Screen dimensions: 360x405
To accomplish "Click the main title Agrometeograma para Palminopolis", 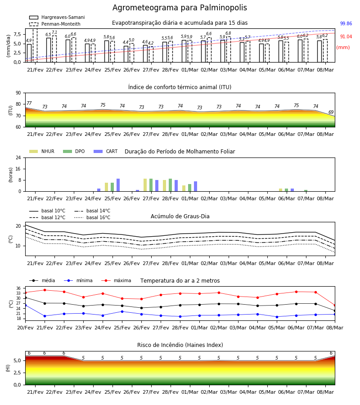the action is click(180, 8).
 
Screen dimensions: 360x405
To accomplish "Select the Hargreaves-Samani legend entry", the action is click(57, 17).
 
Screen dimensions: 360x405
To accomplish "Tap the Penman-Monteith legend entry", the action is click(55, 24).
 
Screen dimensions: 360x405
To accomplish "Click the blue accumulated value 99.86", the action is click(346, 23).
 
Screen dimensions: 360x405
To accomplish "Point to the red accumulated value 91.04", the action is click(346, 37).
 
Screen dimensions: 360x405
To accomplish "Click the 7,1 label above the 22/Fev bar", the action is click(54, 32).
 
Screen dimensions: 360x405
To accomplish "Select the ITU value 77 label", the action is click(29, 103).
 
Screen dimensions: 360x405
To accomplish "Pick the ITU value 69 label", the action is click(331, 112).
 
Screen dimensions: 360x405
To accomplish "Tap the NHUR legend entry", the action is click(42, 151).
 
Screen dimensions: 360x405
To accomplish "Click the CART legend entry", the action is click(106, 151).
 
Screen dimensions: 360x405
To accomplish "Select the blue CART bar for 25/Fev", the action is click(118, 185).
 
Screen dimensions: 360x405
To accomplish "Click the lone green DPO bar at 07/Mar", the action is click(306, 191).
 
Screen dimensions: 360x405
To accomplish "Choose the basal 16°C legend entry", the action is click(92, 217).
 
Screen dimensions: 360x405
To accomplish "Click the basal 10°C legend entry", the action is click(47, 211).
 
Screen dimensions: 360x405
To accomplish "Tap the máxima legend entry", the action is click(116, 280).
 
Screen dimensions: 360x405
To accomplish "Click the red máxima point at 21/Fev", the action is click(45, 290).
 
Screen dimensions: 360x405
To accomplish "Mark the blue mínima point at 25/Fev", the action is click(122, 311).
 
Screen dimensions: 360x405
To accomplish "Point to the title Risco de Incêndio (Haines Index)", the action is click(180, 345).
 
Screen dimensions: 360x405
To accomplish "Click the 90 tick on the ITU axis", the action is click(18, 93).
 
